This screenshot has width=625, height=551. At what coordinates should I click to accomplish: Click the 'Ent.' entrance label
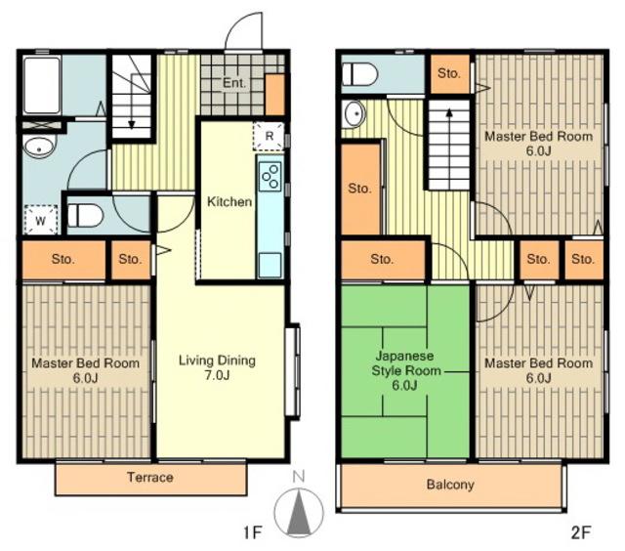click(x=234, y=83)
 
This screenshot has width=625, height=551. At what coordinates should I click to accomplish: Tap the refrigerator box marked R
click(x=269, y=136)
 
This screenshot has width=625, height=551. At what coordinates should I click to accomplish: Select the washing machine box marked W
click(x=41, y=220)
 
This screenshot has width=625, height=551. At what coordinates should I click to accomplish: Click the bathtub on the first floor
click(x=42, y=85)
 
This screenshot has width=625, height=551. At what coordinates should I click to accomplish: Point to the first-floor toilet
click(x=85, y=216)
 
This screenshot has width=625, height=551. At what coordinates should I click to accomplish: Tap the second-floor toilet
click(x=359, y=74)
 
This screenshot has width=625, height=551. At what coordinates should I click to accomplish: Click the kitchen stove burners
click(x=270, y=177)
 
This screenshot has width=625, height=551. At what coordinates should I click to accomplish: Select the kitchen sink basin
click(x=270, y=265)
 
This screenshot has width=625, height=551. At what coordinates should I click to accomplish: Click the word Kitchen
click(x=229, y=201)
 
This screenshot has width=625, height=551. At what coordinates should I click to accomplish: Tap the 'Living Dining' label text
click(x=217, y=360)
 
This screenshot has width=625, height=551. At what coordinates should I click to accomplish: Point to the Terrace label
click(x=150, y=478)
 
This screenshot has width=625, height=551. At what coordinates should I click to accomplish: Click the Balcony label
click(x=450, y=485)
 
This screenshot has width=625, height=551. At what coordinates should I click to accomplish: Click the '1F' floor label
click(x=253, y=532)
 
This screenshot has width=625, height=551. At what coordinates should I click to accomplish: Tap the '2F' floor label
click(x=581, y=532)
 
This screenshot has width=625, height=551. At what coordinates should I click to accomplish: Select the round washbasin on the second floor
click(x=354, y=112)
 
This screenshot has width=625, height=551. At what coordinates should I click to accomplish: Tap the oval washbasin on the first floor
click(x=39, y=147)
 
